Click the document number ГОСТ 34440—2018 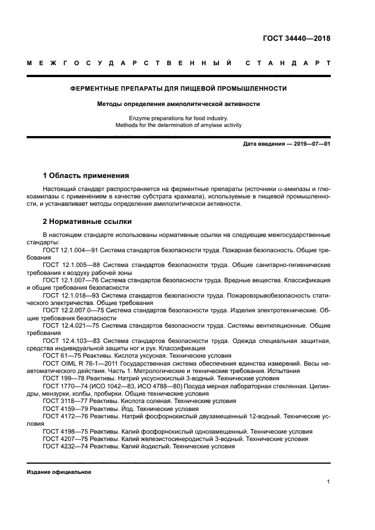point(296,39)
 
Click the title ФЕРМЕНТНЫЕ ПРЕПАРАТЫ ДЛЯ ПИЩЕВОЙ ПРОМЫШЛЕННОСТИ point(178,88)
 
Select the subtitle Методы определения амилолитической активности point(178,104)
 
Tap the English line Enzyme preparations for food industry point(178,118)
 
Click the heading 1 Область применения point(86,175)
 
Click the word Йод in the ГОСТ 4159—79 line point(121,408)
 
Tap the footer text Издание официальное point(58,472)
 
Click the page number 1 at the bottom point(328,482)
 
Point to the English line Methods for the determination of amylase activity point(178,125)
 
